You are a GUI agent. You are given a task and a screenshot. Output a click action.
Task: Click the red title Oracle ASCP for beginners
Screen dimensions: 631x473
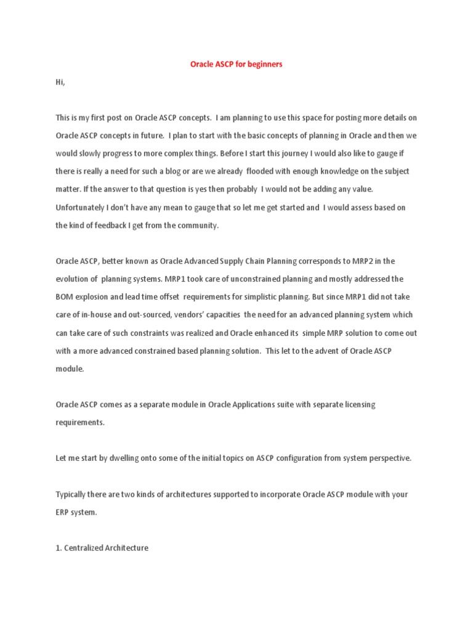[x=236, y=64]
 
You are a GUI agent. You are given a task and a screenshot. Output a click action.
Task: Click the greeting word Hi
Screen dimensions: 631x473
[x=60, y=82]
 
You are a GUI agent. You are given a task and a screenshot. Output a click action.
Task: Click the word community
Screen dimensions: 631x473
[x=196, y=226]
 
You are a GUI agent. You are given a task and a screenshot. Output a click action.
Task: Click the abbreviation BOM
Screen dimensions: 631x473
[x=65, y=297]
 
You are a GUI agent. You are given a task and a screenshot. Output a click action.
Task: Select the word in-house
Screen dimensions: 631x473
[x=105, y=315]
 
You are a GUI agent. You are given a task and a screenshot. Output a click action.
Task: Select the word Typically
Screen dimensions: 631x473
[x=74, y=495]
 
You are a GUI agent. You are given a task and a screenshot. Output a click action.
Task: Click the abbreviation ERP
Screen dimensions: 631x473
[x=63, y=513]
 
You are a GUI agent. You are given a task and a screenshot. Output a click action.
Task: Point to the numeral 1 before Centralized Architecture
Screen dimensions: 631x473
[x=58, y=548]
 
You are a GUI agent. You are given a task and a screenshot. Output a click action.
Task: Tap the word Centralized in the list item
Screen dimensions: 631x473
[x=87, y=548]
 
